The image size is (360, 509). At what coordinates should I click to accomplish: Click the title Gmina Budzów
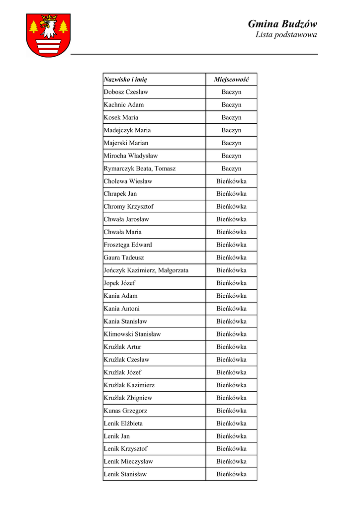(x=282, y=24)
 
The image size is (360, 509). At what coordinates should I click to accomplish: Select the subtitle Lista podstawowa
(x=286, y=35)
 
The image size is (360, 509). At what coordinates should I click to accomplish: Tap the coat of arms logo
(x=48, y=35)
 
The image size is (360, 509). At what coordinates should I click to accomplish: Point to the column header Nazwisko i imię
(x=125, y=80)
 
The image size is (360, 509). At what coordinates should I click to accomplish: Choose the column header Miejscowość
(x=231, y=80)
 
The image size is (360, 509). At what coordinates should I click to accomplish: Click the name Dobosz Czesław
(x=126, y=92)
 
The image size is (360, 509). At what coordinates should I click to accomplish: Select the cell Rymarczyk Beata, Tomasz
(x=139, y=169)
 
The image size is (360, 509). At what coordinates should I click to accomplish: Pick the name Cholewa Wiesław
(x=128, y=181)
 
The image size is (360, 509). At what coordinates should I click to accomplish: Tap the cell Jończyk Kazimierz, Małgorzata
(x=146, y=270)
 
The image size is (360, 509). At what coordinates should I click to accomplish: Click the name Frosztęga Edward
(x=128, y=245)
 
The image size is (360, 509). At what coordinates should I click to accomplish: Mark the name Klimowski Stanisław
(x=132, y=334)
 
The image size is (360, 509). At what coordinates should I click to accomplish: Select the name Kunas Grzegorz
(x=125, y=411)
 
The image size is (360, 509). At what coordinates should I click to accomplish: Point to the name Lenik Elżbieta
(x=123, y=424)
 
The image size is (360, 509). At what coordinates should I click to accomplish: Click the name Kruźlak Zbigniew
(x=128, y=398)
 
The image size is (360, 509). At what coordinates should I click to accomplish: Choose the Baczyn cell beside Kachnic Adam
(x=231, y=105)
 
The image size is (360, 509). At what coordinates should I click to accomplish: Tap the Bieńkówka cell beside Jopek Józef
(x=231, y=283)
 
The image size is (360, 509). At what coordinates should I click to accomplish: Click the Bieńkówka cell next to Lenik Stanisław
(x=231, y=474)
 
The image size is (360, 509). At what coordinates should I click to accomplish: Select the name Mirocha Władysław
(x=130, y=156)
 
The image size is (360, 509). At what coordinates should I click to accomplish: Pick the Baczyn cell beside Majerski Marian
(x=231, y=143)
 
